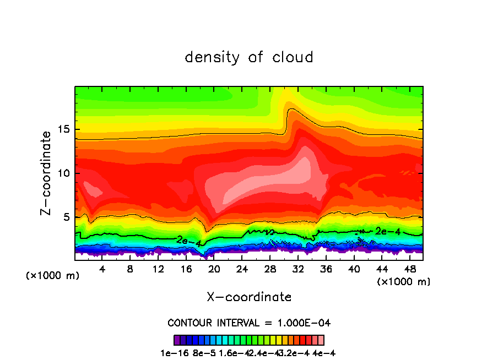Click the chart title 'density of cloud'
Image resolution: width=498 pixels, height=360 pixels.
point(249,57)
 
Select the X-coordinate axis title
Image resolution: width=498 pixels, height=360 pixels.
point(249,297)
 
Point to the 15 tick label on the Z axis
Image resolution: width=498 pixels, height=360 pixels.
point(62,130)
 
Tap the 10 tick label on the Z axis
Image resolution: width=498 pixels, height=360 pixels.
point(62,173)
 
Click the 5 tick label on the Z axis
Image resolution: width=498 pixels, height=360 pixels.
point(65,217)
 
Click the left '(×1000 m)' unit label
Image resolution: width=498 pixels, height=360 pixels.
point(53,276)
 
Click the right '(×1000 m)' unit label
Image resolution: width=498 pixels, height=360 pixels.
point(404,282)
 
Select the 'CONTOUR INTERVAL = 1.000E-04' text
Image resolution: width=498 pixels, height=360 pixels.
point(249,323)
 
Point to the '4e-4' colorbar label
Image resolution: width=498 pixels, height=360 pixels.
point(324,353)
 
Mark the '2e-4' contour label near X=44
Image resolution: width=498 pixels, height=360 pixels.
point(387,231)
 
